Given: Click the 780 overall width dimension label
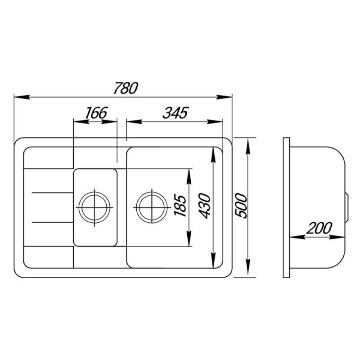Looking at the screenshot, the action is pyautogui.click(x=126, y=88).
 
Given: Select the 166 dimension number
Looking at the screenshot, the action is pyautogui.click(x=96, y=113).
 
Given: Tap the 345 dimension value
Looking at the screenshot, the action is pyautogui.click(x=175, y=113).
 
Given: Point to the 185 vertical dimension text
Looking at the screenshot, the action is pyautogui.click(x=180, y=205).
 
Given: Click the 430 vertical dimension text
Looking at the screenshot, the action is pyautogui.click(x=204, y=206).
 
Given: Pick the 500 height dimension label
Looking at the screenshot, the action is pyautogui.click(x=241, y=206).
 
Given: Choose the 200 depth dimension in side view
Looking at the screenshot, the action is pyautogui.click(x=319, y=228).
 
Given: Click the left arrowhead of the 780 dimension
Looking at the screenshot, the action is pyautogui.click(x=22, y=97).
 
